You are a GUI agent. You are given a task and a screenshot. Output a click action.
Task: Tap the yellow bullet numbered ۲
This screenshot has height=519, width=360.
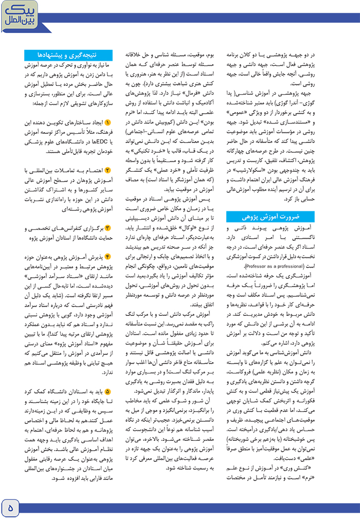pyautogui.click(x=107, y=170)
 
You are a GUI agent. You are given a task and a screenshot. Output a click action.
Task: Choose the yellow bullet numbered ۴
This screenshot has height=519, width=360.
pyautogui.click(x=107, y=257)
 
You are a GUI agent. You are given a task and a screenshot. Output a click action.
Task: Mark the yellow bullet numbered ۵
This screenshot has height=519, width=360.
pyautogui.click(x=107, y=391)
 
